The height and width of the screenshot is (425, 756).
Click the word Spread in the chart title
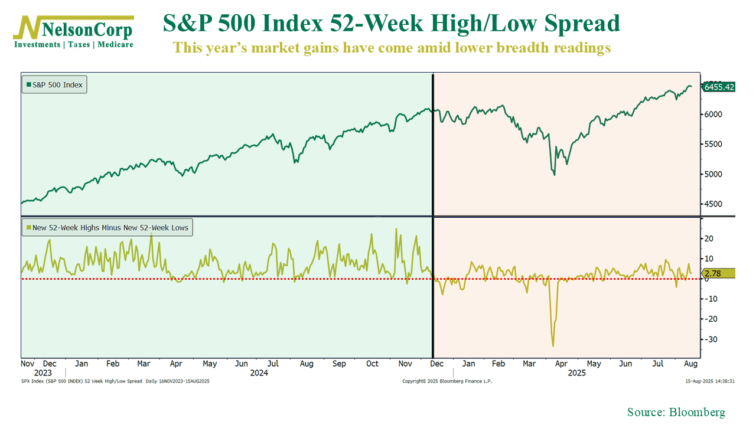coord(582,24)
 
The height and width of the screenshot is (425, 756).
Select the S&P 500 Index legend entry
coord(54,85)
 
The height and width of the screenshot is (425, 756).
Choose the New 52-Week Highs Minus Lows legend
coord(107,227)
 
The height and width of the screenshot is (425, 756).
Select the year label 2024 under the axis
coord(259,373)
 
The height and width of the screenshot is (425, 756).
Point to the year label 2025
coord(576,373)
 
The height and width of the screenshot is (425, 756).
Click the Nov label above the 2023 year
coord(28,364)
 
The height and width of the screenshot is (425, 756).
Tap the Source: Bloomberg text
coord(676,412)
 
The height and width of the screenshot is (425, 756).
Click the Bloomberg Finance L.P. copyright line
coord(447,381)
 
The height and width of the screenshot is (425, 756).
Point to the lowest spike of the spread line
coord(553,346)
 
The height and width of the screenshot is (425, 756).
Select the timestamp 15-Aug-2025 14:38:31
coord(709,381)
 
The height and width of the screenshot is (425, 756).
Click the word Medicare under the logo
coord(115,44)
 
